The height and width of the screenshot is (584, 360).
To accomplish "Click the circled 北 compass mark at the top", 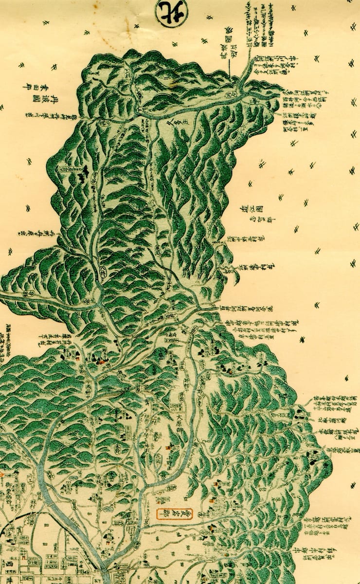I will pyautogui.click(x=172, y=13).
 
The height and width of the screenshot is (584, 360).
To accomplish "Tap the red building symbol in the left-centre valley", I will pyautogui.click(x=101, y=361).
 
